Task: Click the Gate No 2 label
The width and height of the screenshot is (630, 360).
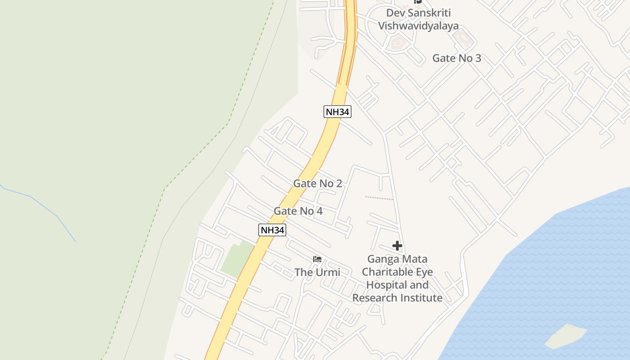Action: [317, 184]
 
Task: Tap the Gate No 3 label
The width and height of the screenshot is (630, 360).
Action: [456, 58]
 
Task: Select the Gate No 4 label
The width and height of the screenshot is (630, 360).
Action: [298, 211]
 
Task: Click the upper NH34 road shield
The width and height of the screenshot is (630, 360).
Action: [337, 112]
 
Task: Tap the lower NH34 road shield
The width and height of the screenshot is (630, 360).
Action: [272, 230]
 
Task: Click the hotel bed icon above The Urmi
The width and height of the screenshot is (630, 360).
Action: [317, 259]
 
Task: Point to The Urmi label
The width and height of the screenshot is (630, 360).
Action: [317, 272]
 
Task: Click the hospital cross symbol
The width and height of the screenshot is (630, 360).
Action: [397, 246]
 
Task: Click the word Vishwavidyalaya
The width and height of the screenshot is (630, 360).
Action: [418, 26]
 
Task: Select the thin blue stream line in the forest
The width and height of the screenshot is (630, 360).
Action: [45, 207]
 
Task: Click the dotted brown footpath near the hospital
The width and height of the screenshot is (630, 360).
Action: [378, 198]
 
